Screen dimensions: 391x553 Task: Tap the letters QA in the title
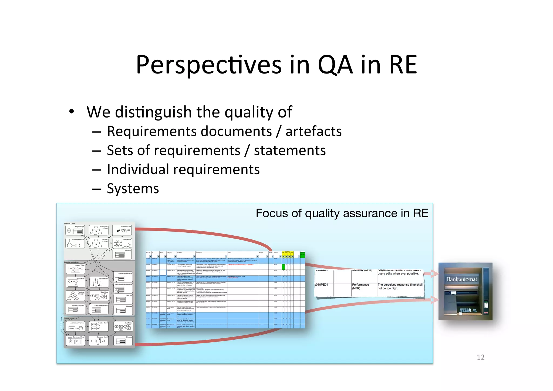pyautogui.click(x=335, y=65)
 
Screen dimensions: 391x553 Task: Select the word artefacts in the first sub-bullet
pyautogui.click(x=313, y=132)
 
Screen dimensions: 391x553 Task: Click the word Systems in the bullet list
pyautogui.click(x=133, y=189)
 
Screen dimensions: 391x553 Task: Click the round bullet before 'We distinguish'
pyautogui.click(x=71, y=112)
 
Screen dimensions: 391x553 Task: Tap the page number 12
pyautogui.click(x=480, y=357)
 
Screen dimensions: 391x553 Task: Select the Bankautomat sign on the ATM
pyautogui.click(x=462, y=279)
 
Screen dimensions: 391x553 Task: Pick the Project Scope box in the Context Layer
pyautogui.click(x=75, y=230)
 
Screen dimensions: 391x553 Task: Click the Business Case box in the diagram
pyautogui.click(x=122, y=230)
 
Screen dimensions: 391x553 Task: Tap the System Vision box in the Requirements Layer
pyautogui.click(x=75, y=268)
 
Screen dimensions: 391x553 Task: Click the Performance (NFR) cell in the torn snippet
pyautogui.click(x=360, y=286)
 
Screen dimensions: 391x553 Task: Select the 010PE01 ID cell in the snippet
pyautogui.click(x=322, y=285)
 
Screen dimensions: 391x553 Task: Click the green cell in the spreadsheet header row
pyautogui.click(x=302, y=255)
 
